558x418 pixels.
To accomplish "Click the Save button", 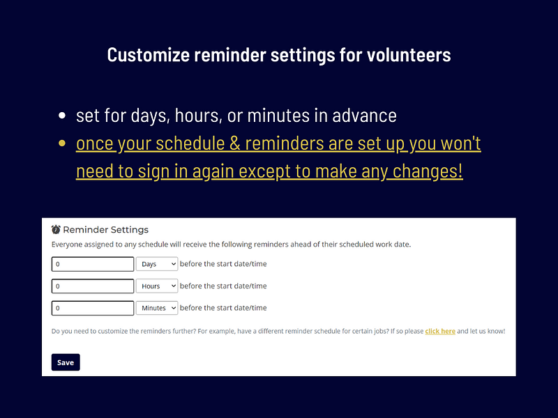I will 66,362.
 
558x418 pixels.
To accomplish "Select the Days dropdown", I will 157,264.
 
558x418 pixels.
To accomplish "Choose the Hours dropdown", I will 157,286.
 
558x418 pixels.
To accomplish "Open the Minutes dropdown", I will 157,307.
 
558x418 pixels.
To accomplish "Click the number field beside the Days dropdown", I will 93,264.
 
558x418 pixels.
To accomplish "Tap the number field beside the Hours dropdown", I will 93,286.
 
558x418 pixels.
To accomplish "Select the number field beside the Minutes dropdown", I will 93,307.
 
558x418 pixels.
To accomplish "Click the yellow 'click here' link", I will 440,331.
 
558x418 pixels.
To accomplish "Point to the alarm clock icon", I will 56,229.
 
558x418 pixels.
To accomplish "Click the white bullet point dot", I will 63,116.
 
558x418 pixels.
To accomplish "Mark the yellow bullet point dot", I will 63,144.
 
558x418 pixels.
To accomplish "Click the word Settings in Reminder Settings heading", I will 128,229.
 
